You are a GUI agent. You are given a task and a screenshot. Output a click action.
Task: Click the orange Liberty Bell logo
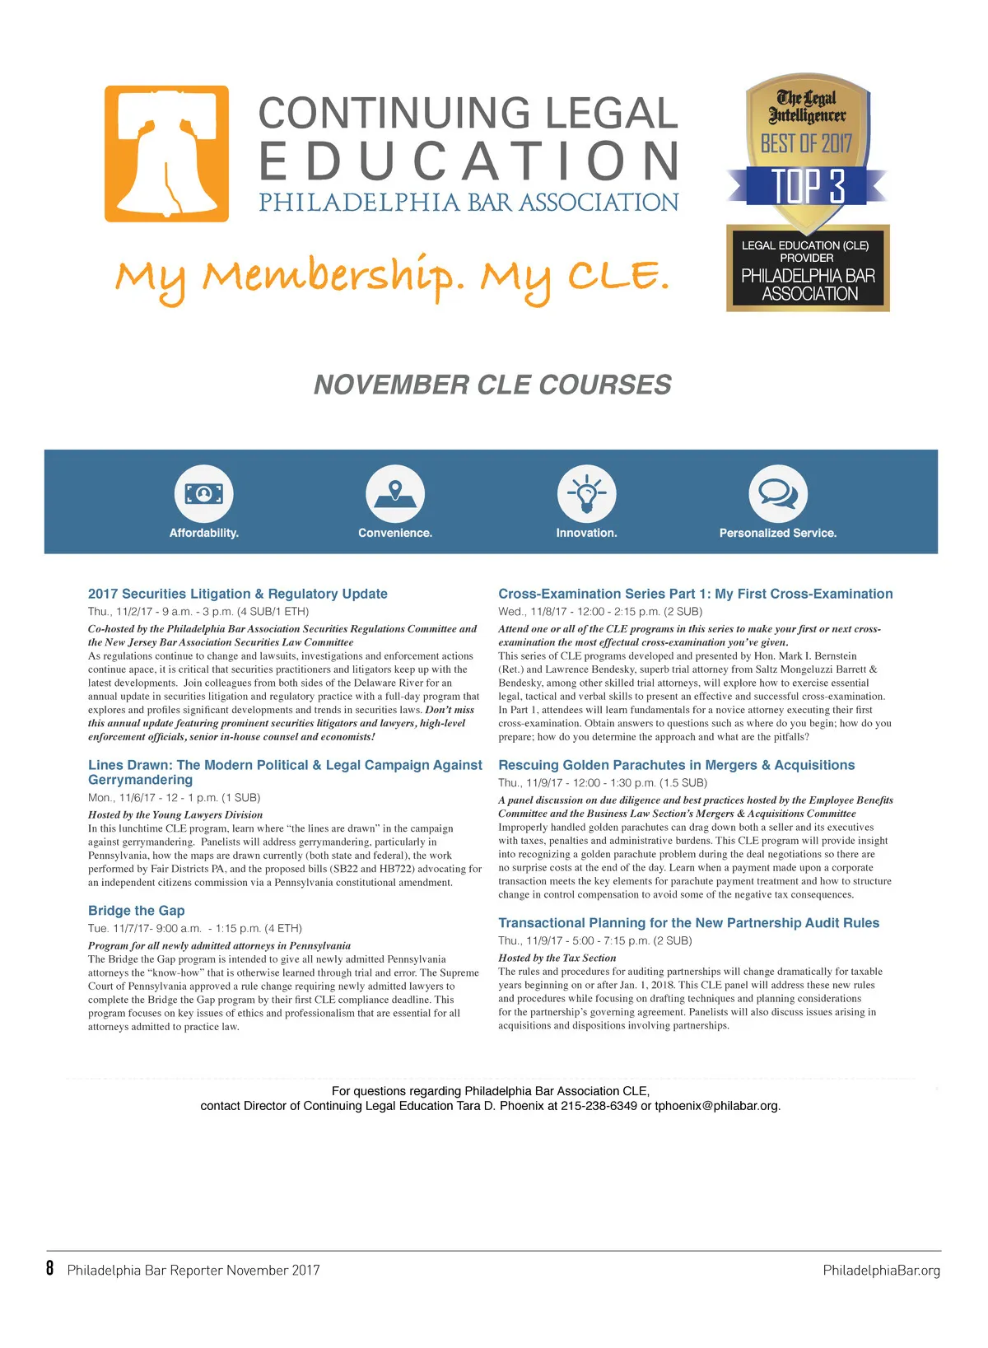click(166, 154)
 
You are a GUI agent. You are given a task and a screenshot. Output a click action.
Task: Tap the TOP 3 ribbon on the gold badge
click(807, 186)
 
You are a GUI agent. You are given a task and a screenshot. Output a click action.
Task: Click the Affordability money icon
click(203, 494)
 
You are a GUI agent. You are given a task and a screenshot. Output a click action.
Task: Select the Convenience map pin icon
click(395, 494)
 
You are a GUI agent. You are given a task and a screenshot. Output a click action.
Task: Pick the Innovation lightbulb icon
click(586, 494)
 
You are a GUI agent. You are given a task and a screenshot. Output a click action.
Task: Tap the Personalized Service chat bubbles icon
click(777, 494)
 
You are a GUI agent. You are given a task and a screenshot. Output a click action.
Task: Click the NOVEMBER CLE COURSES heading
click(492, 385)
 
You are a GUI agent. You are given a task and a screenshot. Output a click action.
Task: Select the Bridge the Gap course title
click(137, 910)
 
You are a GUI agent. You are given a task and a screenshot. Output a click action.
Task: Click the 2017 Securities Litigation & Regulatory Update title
click(237, 594)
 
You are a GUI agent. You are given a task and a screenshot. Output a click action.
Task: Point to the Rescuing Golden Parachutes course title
click(676, 765)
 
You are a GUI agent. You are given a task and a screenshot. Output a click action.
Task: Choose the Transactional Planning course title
click(688, 923)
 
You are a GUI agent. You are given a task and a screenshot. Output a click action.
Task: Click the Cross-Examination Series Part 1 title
click(695, 594)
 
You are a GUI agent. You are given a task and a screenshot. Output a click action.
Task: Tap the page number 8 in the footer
click(50, 1268)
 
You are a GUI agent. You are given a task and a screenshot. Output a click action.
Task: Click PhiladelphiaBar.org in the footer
click(881, 1270)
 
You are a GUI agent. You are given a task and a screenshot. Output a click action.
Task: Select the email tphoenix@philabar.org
click(716, 1106)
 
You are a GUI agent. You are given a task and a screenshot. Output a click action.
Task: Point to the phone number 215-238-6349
click(599, 1106)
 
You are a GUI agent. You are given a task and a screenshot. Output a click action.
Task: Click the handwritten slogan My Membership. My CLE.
click(392, 278)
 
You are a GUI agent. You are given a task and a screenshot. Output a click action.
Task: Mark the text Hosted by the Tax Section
click(557, 958)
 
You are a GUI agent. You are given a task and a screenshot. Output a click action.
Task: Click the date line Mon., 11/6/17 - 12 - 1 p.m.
click(174, 797)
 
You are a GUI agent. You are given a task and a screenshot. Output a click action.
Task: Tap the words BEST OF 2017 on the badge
click(806, 144)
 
